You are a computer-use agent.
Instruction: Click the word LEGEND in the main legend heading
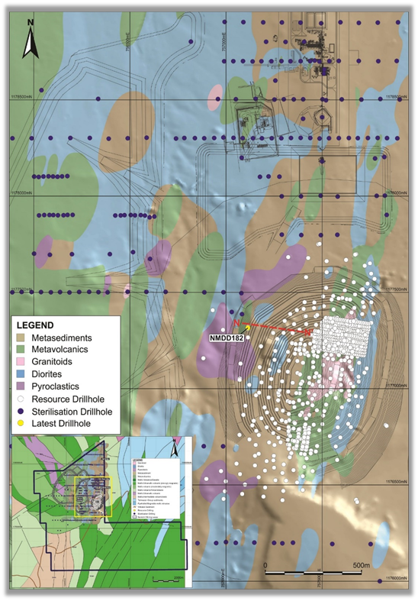point(39,325)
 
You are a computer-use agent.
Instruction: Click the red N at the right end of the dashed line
point(307,333)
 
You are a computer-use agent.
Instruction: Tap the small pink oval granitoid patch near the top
point(216,92)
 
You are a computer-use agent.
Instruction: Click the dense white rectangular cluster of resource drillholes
point(346,335)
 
